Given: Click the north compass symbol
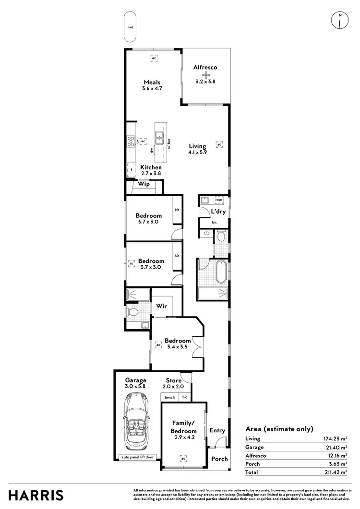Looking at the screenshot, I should (x=340, y=21).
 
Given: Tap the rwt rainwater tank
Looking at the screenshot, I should (x=130, y=27).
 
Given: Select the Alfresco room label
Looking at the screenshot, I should (x=205, y=68).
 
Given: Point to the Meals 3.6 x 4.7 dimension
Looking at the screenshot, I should (x=152, y=89).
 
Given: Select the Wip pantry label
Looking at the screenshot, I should (x=144, y=184).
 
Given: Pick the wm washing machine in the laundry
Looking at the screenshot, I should (x=218, y=200).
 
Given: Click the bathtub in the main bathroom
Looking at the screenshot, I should (x=221, y=272).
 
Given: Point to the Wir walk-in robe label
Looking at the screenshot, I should (x=161, y=305).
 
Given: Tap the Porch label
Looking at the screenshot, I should (x=220, y=459).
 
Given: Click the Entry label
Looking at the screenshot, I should (x=217, y=431).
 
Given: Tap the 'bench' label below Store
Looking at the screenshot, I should (x=170, y=397).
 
